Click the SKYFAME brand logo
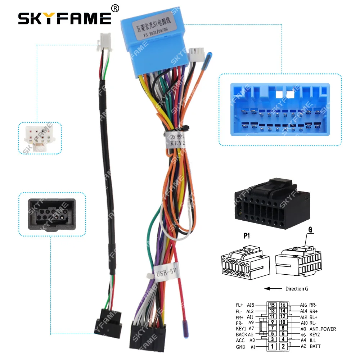pos(65,18)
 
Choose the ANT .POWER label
pos(322,329)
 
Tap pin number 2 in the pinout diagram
pos(284,347)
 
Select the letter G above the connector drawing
pos(310,229)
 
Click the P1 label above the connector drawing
pos(246,236)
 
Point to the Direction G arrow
pos(273,288)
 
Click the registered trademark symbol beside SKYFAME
pos(115,8)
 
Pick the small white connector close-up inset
pos(40,139)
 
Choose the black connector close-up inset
pos(52,215)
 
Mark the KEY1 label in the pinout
pos(241,329)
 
